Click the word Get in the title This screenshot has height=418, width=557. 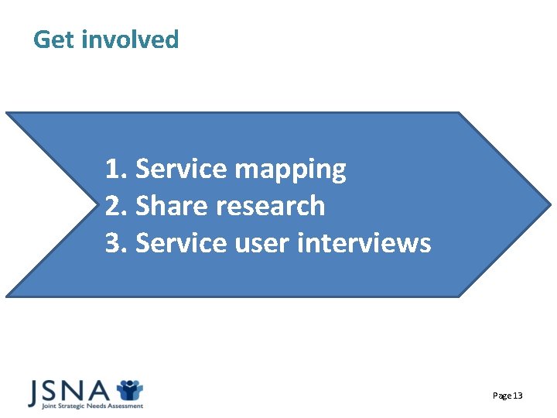pyautogui.click(x=51, y=39)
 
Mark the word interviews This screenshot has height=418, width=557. pyautogui.click(x=364, y=243)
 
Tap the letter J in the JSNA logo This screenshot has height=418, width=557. pyautogui.click(x=36, y=392)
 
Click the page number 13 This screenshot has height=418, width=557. pyautogui.click(x=518, y=396)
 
